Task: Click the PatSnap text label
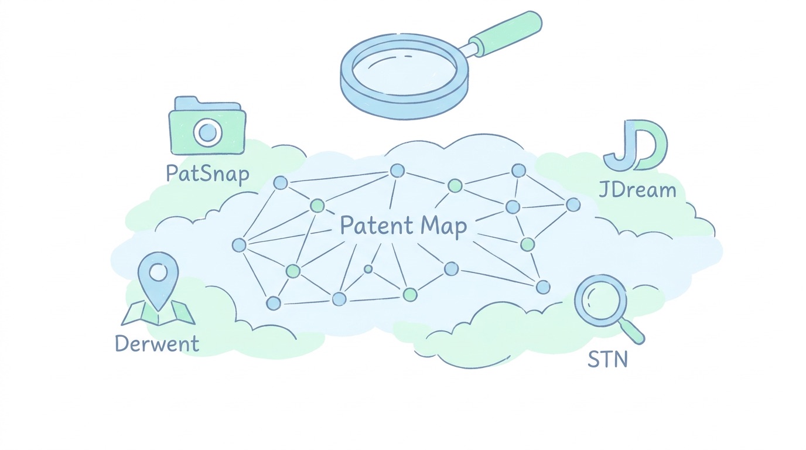point(207,174)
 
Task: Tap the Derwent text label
point(157,343)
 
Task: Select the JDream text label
point(637,189)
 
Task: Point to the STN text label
point(608,359)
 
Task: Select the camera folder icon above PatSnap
point(207,125)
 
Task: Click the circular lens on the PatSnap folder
point(207,133)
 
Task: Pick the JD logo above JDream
point(636,145)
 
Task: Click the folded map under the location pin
point(158,313)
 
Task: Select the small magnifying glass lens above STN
point(600,301)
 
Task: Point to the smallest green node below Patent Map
point(368,269)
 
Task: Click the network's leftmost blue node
point(239,245)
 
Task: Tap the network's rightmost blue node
point(573,205)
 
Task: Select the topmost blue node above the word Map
point(397,171)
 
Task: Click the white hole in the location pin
point(158,272)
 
